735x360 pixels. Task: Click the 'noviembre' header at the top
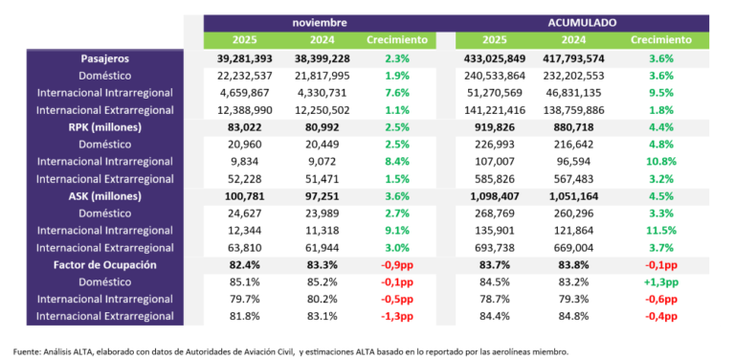click(321, 22)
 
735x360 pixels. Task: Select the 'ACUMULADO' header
click(582, 22)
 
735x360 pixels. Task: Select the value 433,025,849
click(494, 58)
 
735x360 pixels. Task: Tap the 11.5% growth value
click(660, 230)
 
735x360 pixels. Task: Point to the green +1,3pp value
click(660, 281)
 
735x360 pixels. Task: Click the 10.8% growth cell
click(660, 161)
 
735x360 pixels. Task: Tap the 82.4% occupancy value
click(245, 263)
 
